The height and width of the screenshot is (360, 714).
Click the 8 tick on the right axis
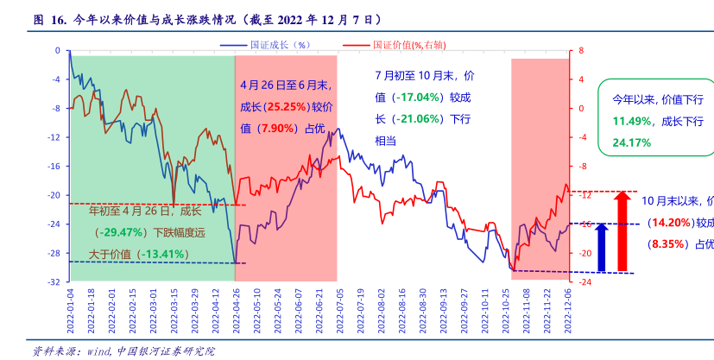[580, 51]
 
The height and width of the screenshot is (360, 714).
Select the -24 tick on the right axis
[584, 282]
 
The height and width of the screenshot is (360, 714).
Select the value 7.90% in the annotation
[276, 129]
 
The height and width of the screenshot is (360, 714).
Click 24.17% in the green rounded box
[631, 142]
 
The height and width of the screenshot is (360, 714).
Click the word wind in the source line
[94, 351]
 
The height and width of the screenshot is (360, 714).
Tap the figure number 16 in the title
[59, 17]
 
